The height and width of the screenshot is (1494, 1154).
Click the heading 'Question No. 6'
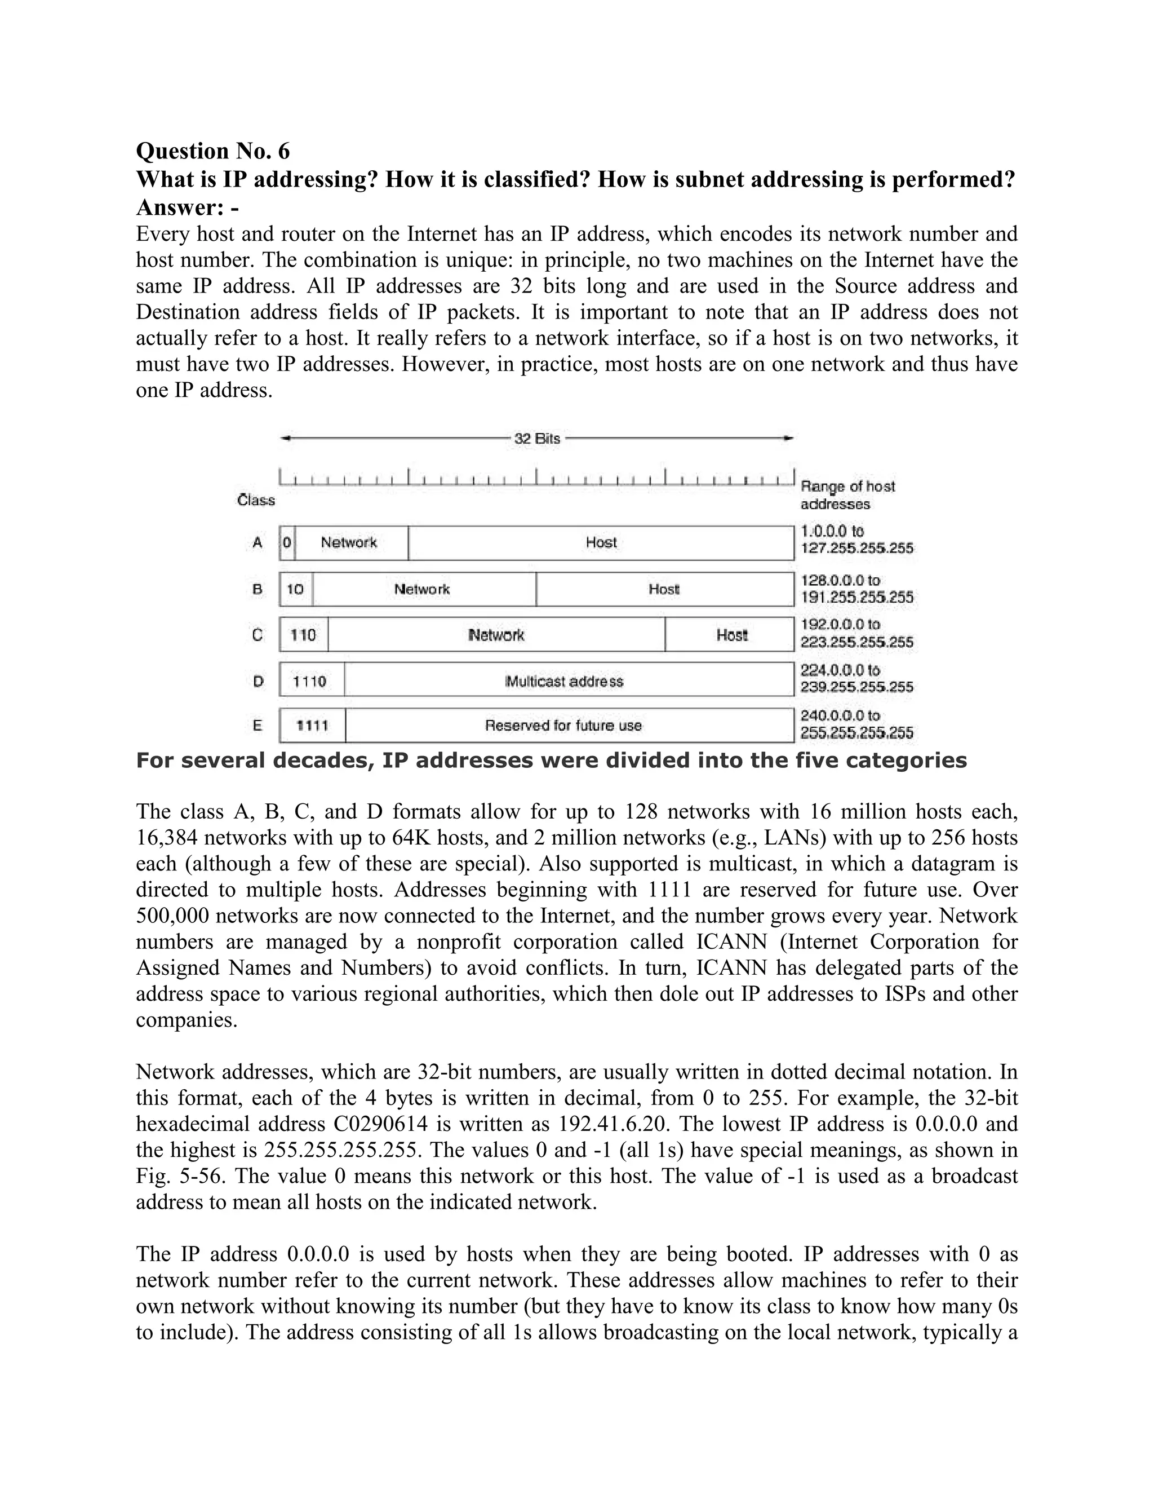[212, 151]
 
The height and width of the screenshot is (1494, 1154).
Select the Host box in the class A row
[601, 542]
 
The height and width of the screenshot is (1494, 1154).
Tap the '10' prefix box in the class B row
[295, 589]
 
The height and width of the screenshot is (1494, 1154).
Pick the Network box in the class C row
[496, 635]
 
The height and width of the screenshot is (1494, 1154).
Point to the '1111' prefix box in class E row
[312, 725]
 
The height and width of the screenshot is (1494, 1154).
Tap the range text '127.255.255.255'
[856, 549]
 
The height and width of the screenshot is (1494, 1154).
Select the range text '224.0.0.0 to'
[840, 670]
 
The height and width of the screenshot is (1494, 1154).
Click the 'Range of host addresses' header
[847, 494]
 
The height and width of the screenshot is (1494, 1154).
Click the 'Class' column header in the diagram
[256, 500]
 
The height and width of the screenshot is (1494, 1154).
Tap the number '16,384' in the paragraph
[167, 837]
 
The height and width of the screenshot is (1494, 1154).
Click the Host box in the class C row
[731, 635]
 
